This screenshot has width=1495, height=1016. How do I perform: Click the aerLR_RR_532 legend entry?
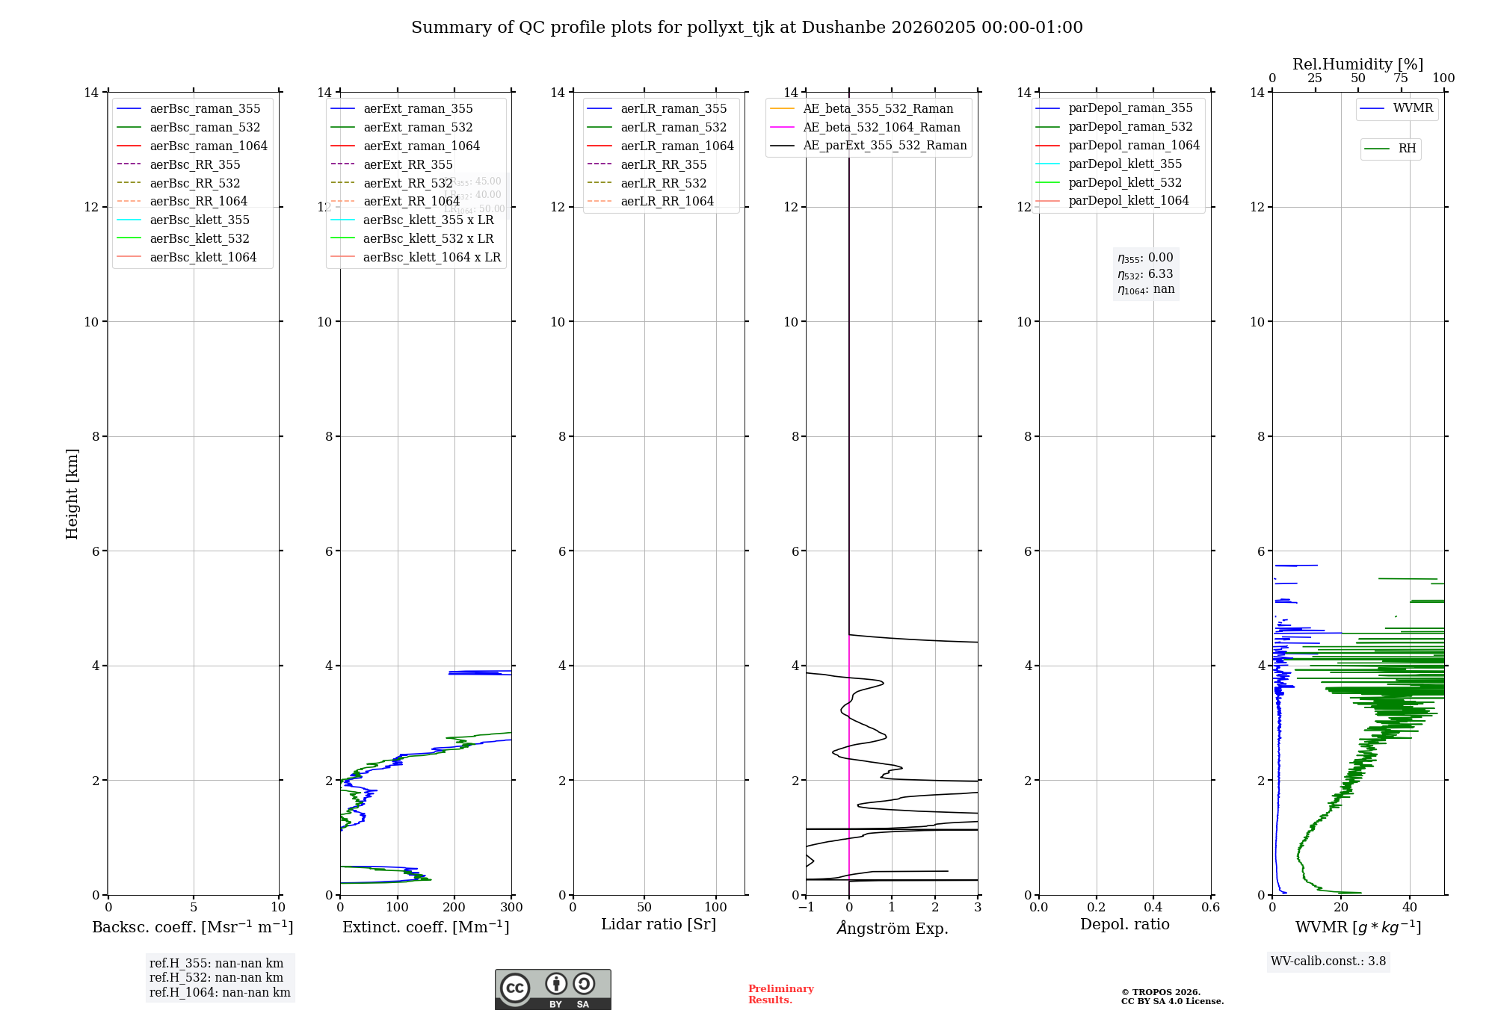[663, 183]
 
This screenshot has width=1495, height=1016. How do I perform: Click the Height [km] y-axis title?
[72, 494]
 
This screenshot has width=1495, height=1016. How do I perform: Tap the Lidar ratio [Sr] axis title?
[659, 925]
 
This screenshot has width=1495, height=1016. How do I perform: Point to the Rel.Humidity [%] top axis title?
[1357, 64]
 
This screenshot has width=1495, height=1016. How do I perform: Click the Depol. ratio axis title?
[1124, 925]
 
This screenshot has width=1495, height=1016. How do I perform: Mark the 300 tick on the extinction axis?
[512, 908]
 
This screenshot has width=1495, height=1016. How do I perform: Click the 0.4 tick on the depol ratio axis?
[1153, 908]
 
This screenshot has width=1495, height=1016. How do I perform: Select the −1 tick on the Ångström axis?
[805, 908]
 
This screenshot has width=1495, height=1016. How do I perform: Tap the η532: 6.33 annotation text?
[1145, 274]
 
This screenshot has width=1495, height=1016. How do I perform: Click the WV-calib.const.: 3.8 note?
[1328, 961]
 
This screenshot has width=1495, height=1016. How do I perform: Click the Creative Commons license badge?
[552, 990]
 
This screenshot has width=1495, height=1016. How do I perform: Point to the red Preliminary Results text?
[780, 994]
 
